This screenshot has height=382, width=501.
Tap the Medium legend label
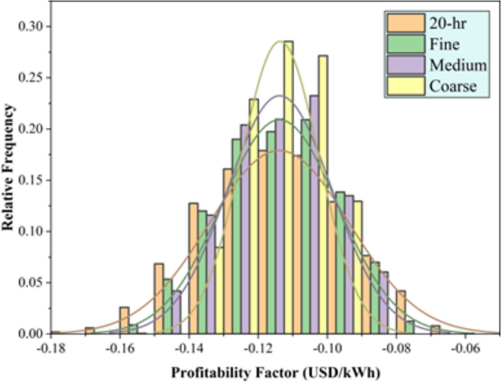(458, 66)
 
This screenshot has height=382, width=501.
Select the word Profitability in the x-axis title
(209, 371)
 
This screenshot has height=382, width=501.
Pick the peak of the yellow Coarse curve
(279, 41)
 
